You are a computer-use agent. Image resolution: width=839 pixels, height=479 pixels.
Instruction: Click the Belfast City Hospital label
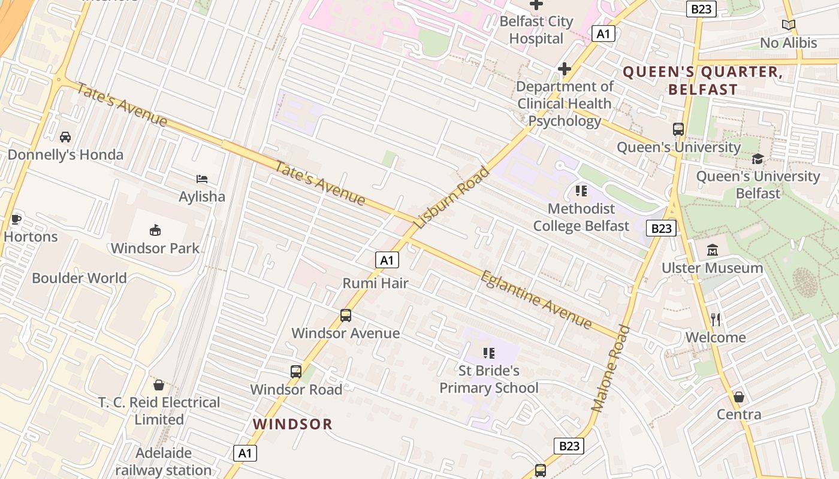[536, 30]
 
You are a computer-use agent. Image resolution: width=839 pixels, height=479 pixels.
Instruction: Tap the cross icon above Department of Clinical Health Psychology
[564, 69]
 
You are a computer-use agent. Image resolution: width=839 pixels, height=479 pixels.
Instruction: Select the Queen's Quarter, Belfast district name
[702, 81]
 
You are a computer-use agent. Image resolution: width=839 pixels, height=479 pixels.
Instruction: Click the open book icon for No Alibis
[789, 25]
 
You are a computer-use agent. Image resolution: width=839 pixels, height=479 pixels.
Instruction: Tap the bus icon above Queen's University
[678, 129]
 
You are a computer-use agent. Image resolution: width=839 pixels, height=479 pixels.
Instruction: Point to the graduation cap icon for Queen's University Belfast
[757, 159]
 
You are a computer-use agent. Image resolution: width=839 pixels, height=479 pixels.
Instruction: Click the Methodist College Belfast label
[581, 217]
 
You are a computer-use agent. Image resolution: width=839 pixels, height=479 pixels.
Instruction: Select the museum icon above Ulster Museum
[713, 250]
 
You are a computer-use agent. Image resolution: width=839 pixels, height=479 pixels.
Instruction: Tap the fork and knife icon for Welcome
[715, 319]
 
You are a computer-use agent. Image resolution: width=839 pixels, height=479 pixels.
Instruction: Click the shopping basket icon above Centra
[739, 397]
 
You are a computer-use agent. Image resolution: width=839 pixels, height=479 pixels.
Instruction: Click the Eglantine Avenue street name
[536, 299]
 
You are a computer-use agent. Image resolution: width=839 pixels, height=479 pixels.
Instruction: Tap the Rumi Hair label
[375, 283]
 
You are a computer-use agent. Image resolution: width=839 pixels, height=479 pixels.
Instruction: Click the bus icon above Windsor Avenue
[345, 315]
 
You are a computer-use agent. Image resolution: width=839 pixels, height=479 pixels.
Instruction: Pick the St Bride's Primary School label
[489, 380]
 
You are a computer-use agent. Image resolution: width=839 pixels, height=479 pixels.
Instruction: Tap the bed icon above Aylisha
[202, 178]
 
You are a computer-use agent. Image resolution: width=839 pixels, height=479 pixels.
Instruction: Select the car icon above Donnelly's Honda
[65, 137]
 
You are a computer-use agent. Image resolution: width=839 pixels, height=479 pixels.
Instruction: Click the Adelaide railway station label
[163, 462]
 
